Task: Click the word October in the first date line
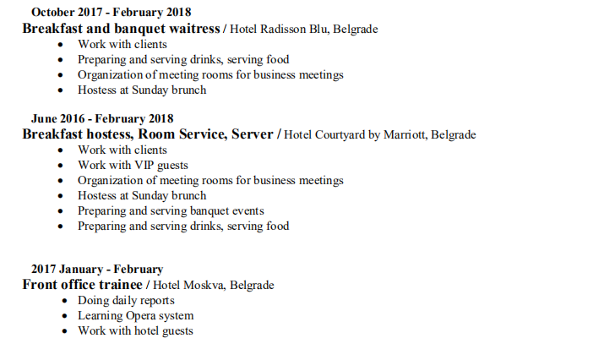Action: pos(52,13)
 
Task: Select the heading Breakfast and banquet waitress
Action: pos(121,28)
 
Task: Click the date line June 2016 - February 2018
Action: pos(102,119)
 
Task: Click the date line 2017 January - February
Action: pos(97,270)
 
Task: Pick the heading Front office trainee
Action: pos(82,285)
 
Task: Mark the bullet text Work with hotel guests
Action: pos(135,331)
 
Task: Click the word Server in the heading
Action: pos(250,134)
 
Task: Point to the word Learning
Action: pos(99,316)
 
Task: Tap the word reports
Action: pos(156,301)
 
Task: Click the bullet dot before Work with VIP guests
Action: pos(60,166)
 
